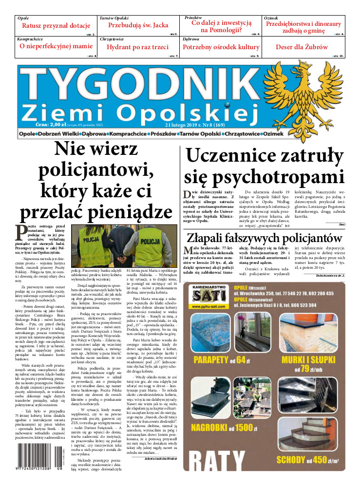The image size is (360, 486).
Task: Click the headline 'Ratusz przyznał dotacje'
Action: [56, 26]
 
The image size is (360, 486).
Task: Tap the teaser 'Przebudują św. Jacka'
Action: [138, 25]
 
